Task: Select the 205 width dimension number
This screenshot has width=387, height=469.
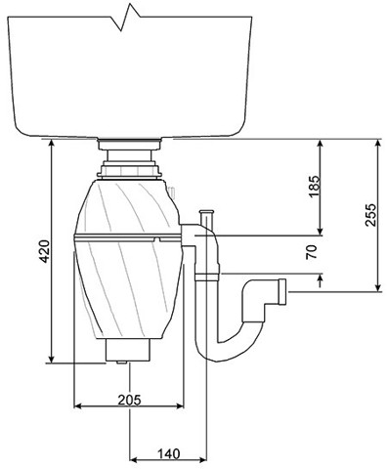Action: pos(130,400)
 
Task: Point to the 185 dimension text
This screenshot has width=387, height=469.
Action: pos(313,187)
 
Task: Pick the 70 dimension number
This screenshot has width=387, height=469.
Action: pos(313,252)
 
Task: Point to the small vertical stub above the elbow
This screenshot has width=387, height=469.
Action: pos(205,218)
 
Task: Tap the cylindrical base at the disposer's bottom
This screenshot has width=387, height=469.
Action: pos(126,349)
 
